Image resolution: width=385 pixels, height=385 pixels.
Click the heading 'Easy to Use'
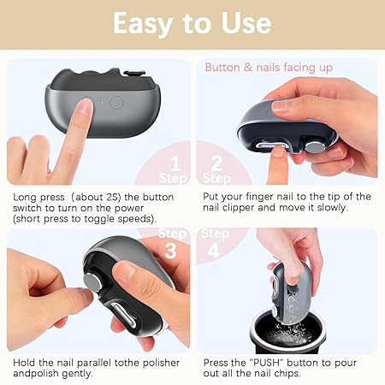tap(192, 23)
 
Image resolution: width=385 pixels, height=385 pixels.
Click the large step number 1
tap(175, 163)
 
